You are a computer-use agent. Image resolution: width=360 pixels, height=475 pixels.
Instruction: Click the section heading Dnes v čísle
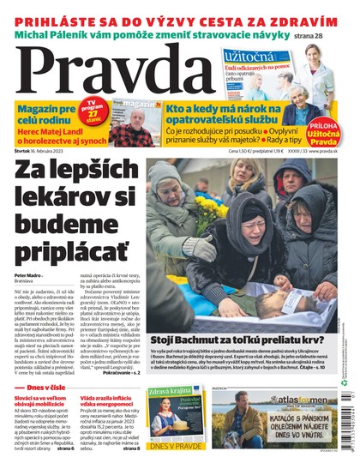coord(45,387)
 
